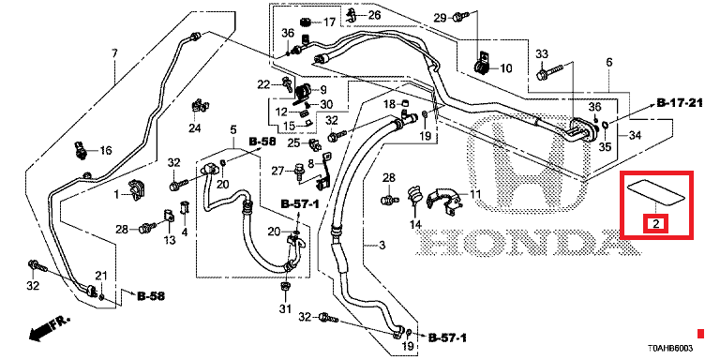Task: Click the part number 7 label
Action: [114, 53]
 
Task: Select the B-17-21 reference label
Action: [680, 104]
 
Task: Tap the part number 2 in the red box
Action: [656, 224]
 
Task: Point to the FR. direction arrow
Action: [49, 328]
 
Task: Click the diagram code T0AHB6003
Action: [670, 348]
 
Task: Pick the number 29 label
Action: [441, 18]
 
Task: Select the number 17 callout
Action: [330, 22]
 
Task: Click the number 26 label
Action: [374, 15]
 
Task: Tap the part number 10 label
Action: [505, 68]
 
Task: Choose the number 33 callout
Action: [542, 54]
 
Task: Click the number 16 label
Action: [106, 151]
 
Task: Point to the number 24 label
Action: [195, 128]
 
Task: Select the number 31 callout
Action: [286, 308]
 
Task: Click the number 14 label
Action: [415, 225]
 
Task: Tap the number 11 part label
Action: [475, 194]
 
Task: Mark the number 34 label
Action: [635, 135]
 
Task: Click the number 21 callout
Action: [101, 276]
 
